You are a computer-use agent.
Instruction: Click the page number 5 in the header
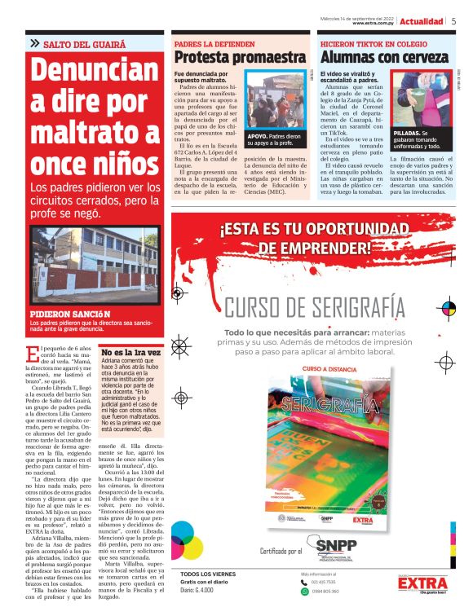(x=453, y=21)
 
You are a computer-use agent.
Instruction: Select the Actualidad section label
(x=422, y=21)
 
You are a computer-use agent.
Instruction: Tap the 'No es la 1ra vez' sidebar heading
(x=130, y=352)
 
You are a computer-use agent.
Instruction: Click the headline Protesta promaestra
(x=239, y=58)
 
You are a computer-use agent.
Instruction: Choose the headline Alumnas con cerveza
(x=383, y=58)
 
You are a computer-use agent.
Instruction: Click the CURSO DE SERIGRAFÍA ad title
(x=315, y=307)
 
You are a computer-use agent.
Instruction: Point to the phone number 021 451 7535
(x=324, y=583)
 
